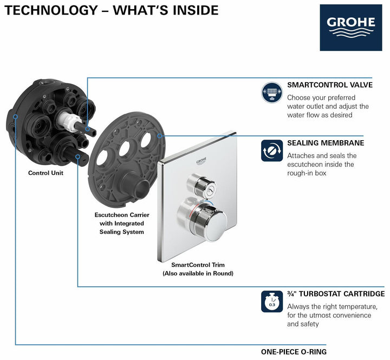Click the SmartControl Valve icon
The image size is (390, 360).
272,93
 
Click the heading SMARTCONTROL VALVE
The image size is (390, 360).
329,85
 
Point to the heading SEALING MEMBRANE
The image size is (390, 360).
325,143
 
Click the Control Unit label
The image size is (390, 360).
45,173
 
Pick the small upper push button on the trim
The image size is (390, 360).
196,184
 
